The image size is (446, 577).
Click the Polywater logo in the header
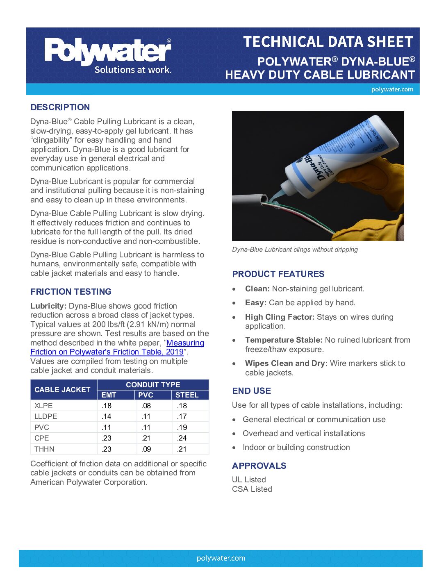tap(107, 56)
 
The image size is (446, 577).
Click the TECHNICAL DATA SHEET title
tap(328, 42)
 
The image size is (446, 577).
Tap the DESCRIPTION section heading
tap(60, 107)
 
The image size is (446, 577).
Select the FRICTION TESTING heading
tap(71, 292)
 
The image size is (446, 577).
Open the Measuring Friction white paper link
tap(185, 343)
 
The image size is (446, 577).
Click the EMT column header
tap(109, 395)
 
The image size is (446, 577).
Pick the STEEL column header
tap(187, 395)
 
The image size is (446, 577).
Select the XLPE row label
tap(43, 406)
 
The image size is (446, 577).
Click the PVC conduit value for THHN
tap(146, 449)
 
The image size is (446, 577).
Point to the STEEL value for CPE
tap(182, 438)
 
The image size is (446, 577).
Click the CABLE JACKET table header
tap(62, 390)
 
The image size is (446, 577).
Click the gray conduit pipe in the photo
tap(248, 203)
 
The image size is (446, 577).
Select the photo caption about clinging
tap(295, 250)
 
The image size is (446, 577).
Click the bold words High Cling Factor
tap(280, 317)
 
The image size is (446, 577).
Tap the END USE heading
tap(251, 391)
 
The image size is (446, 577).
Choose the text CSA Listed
tap(252, 489)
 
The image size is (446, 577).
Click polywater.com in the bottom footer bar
tap(221, 558)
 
